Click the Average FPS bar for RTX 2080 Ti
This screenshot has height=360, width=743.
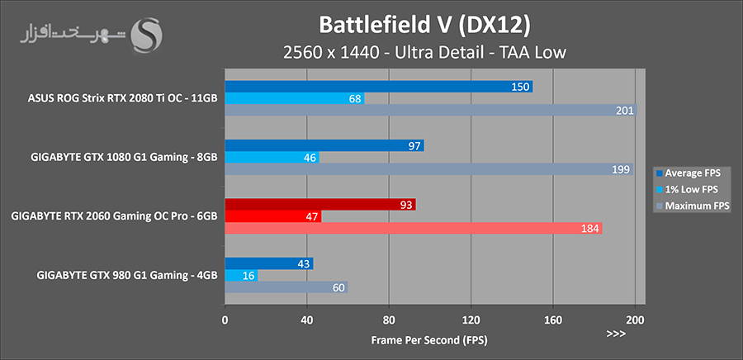pos(378,87)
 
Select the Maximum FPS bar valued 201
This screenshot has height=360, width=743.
pos(430,111)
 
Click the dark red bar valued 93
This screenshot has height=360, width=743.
pos(320,205)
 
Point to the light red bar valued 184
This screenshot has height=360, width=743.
pos(413,229)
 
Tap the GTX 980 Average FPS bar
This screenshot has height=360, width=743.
pos(268,263)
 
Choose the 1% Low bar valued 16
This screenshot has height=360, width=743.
pos(241,276)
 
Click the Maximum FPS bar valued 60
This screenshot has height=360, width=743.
pos(286,287)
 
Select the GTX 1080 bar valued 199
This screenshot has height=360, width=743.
pos(428,169)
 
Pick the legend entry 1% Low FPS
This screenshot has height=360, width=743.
pos(690,189)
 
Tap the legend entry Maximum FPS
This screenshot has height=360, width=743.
pos(693,206)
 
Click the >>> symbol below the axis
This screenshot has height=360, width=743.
pos(616,334)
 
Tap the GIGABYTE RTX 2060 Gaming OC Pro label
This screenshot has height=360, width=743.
pos(115,216)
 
